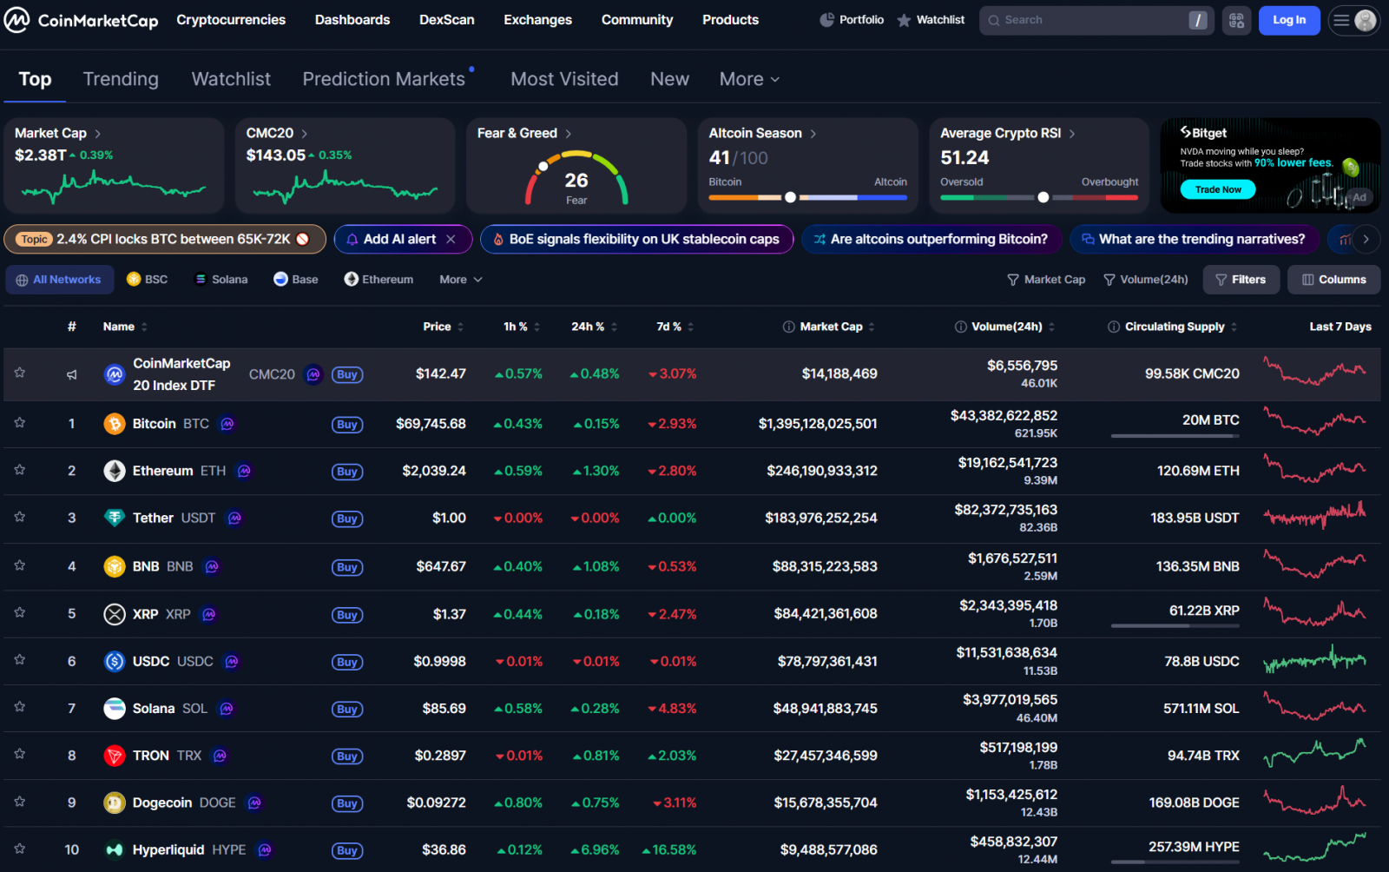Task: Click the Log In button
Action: point(1289,20)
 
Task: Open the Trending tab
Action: point(121,79)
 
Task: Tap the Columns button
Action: point(1333,280)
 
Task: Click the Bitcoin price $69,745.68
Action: point(431,424)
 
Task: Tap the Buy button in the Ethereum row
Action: point(347,472)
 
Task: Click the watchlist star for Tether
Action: point(20,517)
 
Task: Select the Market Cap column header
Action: point(831,327)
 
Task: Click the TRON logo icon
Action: point(115,756)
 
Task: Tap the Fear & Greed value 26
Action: point(576,181)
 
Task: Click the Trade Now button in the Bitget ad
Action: point(1218,189)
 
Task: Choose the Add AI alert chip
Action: point(399,239)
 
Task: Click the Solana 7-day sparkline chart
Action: point(1314,707)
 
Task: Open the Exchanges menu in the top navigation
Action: point(537,20)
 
